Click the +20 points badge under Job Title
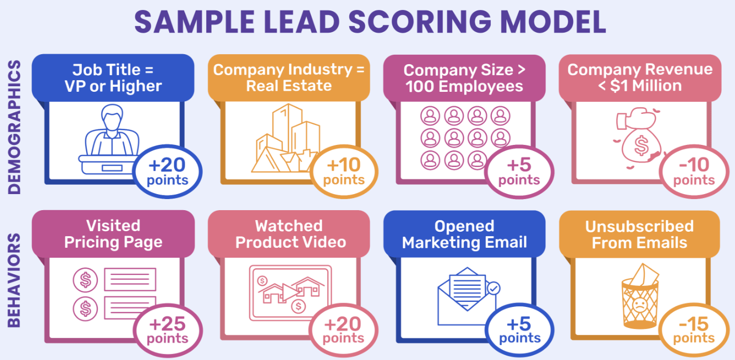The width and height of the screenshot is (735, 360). coord(167,171)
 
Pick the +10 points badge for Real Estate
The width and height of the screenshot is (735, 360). coord(344,171)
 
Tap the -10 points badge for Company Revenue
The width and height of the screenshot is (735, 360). coord(694,171)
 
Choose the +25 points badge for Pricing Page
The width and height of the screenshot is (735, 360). coord(167,330)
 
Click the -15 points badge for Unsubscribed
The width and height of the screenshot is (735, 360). coord(694,330)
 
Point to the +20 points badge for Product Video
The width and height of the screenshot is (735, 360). coord(344,330)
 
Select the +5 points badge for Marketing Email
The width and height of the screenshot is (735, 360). coord(519,330)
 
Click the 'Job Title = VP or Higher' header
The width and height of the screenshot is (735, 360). coord(113,78)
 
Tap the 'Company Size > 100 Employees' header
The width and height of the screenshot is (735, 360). coord(464,78)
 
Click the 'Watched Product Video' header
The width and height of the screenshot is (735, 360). coord(289,234)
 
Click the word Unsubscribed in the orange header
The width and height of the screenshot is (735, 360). coord(639,226)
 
